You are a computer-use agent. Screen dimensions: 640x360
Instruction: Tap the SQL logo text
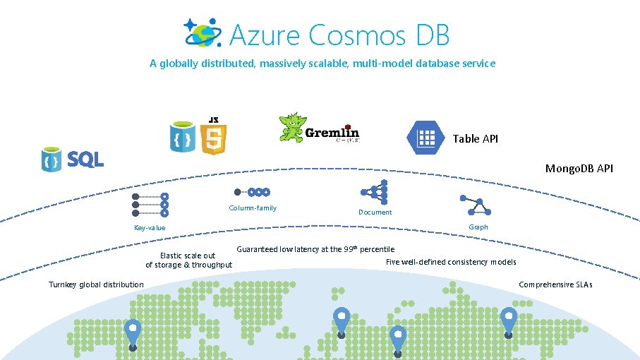pos(85,160)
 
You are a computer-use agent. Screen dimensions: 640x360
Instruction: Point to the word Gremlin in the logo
pos(332,132)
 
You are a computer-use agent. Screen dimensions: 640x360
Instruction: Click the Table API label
pos(475,138)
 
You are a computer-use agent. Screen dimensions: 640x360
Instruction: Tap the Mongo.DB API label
pos(579,168)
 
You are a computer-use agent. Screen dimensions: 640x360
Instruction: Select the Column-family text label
pos(253,208)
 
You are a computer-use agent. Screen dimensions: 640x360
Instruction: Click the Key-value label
pos(150,227)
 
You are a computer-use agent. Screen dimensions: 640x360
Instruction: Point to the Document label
pos(375,212)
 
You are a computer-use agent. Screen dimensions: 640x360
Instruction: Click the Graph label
pos(478,227)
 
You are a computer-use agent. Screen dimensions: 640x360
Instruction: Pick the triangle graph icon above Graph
pos(474,206)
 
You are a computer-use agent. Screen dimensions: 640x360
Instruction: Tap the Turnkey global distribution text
pos(96,284)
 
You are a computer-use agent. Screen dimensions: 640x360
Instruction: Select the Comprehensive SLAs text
pos(555,284)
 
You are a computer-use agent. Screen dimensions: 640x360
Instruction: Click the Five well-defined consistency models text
pos(451,262)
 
